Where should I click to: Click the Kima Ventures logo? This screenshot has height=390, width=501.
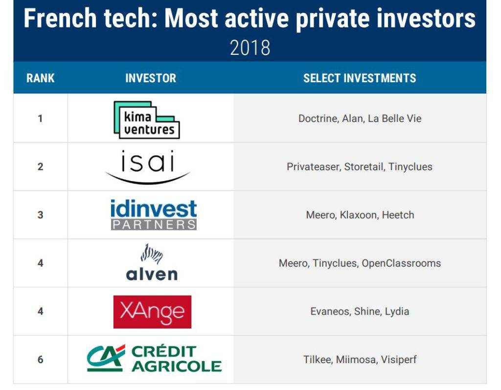click(147, 119)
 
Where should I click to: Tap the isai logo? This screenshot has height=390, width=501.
click(148, 166)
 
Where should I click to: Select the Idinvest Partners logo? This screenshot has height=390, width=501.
click(154, 215)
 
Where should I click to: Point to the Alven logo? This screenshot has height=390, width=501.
click(152, 262)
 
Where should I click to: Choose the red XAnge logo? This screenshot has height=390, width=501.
click(153, 312)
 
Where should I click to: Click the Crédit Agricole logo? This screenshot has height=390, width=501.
click(154, 358)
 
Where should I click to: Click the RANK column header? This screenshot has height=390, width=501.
click(40, 78)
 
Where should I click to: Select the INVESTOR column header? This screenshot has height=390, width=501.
click(151, 78)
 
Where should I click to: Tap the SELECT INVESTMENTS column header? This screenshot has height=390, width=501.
click(360, 78)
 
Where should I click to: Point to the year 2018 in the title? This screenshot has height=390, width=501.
click(250, 48)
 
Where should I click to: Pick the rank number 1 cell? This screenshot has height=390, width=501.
click(40, 118)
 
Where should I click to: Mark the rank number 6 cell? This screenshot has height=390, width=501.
click(40, 360)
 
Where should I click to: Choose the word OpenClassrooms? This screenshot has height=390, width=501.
click(401, 263)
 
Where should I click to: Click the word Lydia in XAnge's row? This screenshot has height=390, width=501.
click(397, 311)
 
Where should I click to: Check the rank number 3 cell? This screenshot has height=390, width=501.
click(40, 215)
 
